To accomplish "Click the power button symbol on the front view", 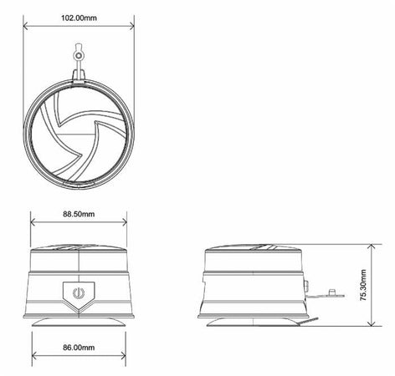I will click(78, 293).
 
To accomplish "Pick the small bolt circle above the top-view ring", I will click(78, 55).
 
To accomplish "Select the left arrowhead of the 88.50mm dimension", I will click(33, 223).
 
